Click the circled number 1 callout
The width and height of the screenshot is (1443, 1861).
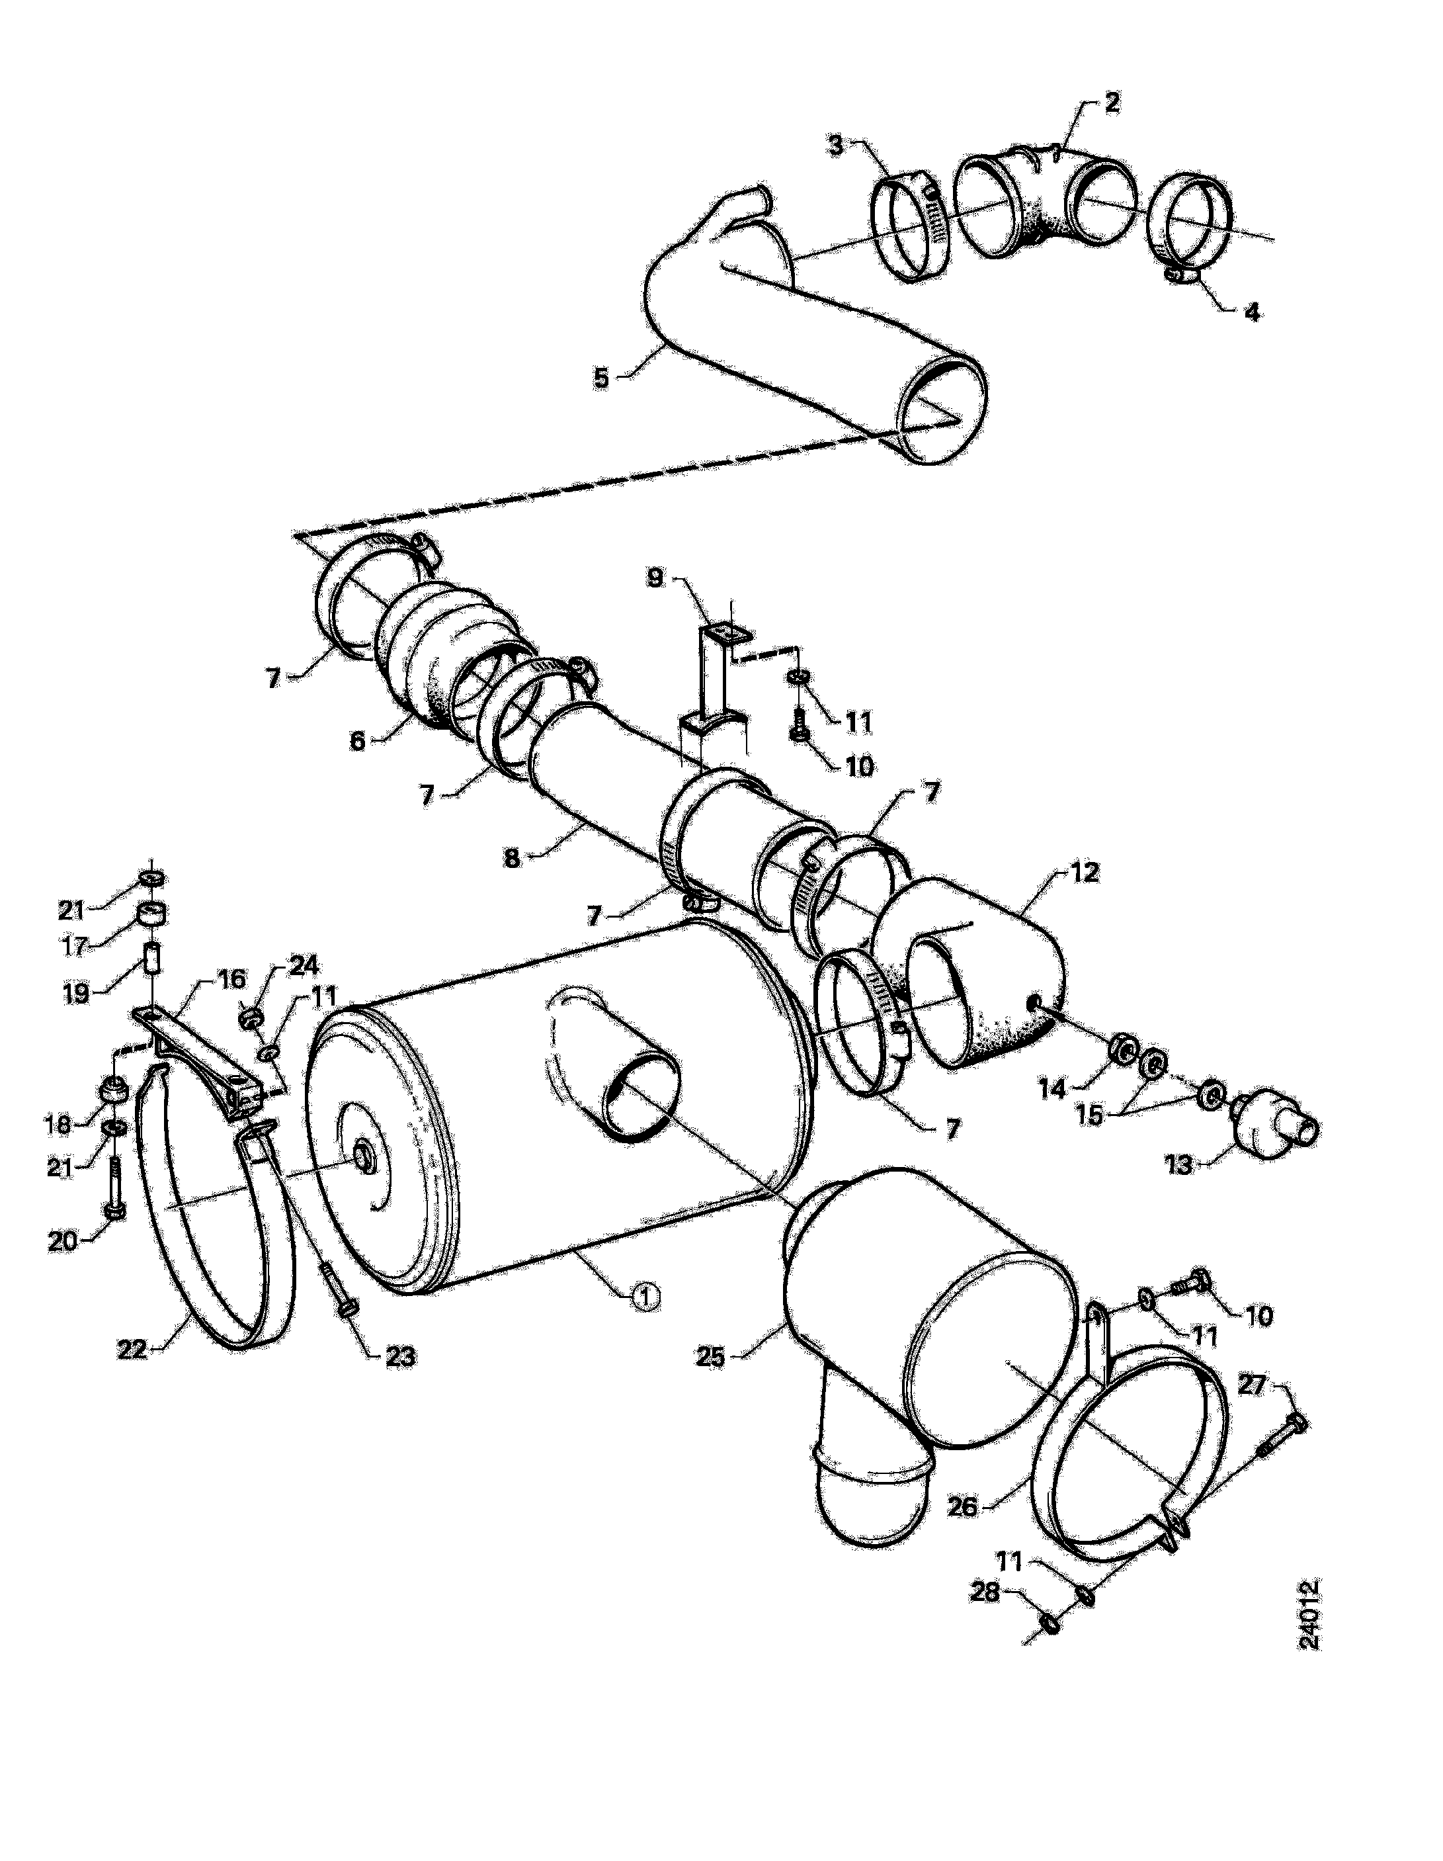click(645, 1320)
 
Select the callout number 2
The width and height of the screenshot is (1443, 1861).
click(1111, 103)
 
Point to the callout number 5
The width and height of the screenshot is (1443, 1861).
click(601, 378)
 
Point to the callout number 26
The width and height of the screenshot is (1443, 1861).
click(963, 1506)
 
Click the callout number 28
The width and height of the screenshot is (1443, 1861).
click(985, 1591)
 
